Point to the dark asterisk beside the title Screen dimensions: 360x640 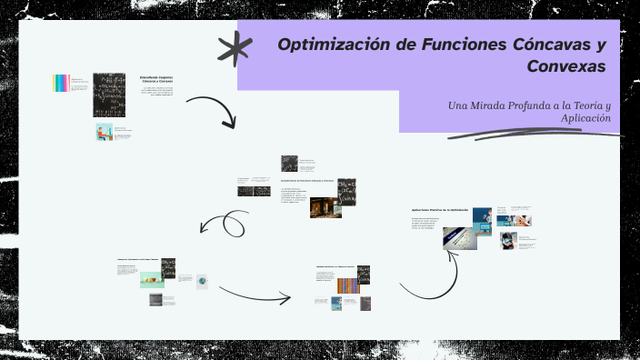[x=235, y=49]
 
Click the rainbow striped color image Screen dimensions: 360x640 [x=61, y=83]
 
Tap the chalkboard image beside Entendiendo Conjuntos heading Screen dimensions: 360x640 [x=109, y=95]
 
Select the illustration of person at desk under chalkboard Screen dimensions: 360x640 [x=104, y=132]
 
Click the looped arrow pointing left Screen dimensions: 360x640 [x=224, y=224]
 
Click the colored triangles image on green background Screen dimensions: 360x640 [x=151, y=279]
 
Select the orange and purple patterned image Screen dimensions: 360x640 [x=347, y=285]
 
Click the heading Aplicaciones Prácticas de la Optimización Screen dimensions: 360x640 [x=440, y=210]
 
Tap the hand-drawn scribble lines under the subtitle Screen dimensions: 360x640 [x=536, y=134]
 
